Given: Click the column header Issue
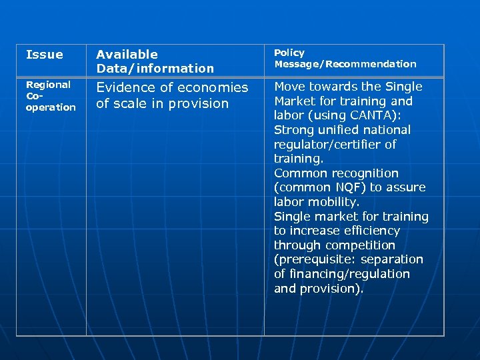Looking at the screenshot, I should pos(44,55).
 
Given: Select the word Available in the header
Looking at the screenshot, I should pos(127,55).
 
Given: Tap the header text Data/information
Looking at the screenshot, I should pos(155,69).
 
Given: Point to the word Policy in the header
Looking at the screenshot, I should pos(289,53).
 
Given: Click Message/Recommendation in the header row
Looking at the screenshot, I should pos(345,64).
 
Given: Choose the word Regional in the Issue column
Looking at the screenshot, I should pos(48,85).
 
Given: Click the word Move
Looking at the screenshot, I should pos(290,87).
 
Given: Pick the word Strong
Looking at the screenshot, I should pos(293,130).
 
